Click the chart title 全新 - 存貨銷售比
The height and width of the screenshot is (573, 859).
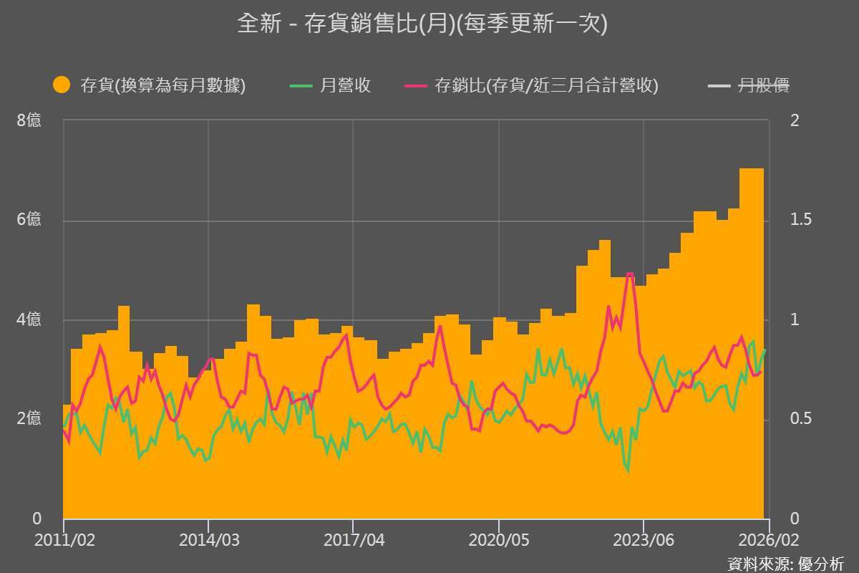(422, 24)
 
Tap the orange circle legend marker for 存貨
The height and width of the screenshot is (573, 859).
(62, 85)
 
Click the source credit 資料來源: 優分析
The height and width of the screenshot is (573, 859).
(785, 563)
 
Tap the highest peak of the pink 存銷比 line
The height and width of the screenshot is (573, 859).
(629, 274)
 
